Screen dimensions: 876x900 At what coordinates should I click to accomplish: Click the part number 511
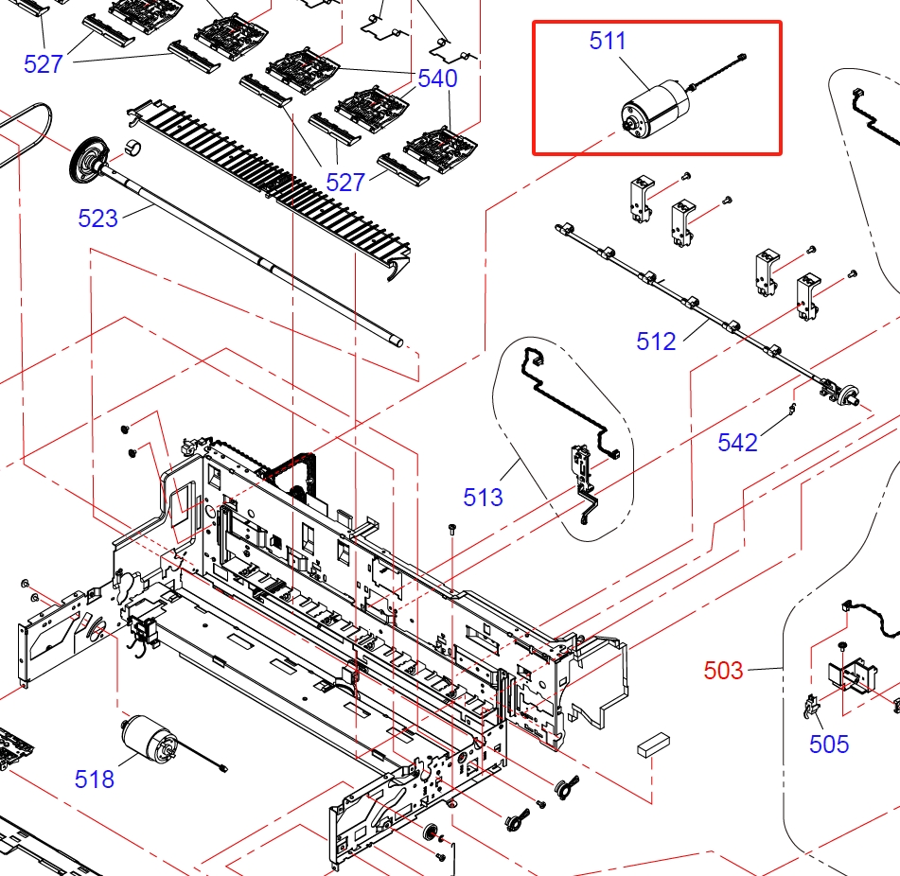tap(608, 41)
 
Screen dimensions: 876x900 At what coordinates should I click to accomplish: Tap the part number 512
tap(656, 341)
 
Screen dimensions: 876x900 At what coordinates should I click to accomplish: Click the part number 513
tap(483, 497)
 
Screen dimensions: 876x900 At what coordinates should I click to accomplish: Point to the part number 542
tap(737, 442)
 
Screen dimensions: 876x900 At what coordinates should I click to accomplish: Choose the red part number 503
tap(724, 671)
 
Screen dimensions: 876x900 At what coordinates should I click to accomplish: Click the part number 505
tap(829, 744)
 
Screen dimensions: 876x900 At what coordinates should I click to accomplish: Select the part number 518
tap(95, 779)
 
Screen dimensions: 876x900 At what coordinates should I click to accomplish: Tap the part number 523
tap(98, 219)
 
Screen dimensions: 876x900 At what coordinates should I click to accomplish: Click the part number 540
tap(437, 78)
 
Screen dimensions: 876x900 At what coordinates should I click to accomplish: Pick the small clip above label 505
tap(811, 705)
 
